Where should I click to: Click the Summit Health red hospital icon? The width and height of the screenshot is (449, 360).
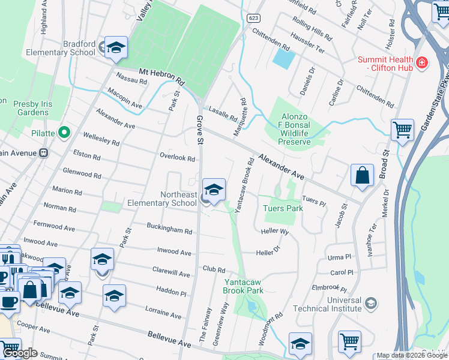pos(422,62)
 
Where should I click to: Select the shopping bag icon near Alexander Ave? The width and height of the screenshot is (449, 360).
pos(363,176)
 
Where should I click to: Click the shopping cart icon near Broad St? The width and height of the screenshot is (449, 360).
pos(402,130)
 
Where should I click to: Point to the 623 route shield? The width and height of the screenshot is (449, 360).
pos(253,18)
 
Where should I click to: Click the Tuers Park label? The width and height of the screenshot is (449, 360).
pos(283,208)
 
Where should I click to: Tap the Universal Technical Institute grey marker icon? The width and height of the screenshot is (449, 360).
pos(370,302)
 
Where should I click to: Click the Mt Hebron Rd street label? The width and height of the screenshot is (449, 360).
pos(163,76)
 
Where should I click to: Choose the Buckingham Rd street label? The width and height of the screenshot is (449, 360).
pos(169,230)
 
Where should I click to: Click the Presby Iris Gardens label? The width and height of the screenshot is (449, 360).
pos(32,107)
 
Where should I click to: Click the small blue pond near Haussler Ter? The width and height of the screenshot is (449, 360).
pos(284,58)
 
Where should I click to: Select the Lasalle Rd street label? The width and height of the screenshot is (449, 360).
pos(221,111)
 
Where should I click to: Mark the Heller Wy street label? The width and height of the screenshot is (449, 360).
pos(275,231)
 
